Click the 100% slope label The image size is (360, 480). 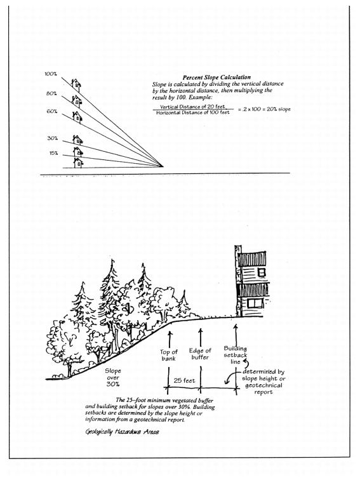coord(51,74)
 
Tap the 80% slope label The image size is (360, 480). coord(51,93)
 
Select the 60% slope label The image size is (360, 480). coord(51,112)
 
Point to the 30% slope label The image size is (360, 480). coord(52,138)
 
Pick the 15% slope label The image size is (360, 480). coord(53,153)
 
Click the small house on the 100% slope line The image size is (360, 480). coord(76,85)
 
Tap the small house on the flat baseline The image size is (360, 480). coord(78,163)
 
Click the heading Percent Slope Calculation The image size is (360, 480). coord(217,77)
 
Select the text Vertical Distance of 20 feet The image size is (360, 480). coord(192,107)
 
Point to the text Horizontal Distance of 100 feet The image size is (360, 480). coord(192,112)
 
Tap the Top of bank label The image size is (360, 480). coord(169,355)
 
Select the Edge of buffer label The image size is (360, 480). coord(200,354)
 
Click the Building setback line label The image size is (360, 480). coord(235,355)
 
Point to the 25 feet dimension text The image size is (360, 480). coord(184,380)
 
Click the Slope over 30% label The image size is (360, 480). coord(113,377)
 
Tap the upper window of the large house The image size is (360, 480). coord(262,272)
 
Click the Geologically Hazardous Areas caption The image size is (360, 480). coord(122,432)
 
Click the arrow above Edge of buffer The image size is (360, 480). coord(201,337)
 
